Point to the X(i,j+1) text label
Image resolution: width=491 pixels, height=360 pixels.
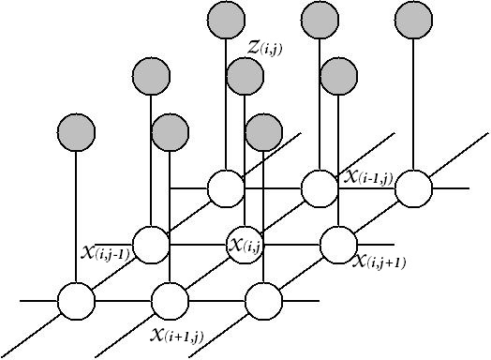pyautogui.click(x=379, y=262)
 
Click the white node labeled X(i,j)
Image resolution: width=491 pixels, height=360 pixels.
pyautogui.click(x=245, y=245)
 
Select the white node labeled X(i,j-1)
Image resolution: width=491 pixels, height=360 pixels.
pyautogui.click(x=150, y=245)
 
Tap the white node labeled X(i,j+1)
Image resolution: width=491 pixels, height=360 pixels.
pyautogui.click(x=337, y=245)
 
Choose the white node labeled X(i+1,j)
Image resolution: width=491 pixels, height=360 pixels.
pyautogui.click(x=170, y=301)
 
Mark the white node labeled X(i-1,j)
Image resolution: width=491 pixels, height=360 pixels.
pyautogui.click(x=319, y=187)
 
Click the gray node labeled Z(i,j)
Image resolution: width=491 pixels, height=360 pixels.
pyautogui.click(x=245, y=74)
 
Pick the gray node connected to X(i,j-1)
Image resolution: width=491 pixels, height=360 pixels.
pyautogui.click(x=150, y=74)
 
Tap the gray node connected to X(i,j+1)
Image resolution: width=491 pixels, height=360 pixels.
pyautogui.click(x=337, y=74)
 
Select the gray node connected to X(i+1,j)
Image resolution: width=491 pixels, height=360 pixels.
pyautogui.click(x=170, y=130)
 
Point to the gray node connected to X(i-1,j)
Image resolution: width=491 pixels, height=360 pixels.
pyautogui.click(x=319, y=18)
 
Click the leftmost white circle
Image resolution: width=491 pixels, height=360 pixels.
pyautogui.click(x=76, y=301)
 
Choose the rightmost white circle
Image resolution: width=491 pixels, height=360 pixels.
pyautogui.click(x=413, y=187)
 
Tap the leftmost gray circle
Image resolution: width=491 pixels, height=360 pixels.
pyautogui.click(x=76, y=130)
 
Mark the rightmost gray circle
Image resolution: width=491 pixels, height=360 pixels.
pyautogui.click(x=413, y=18)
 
